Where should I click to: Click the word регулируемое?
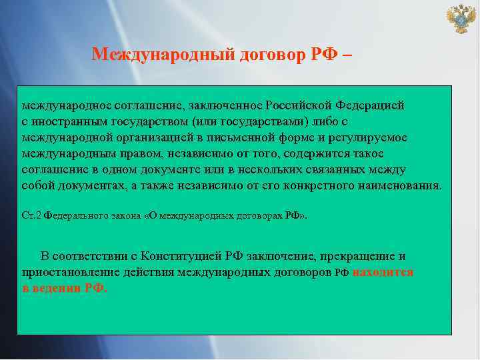(370, 137)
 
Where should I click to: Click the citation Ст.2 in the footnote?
(31, 216)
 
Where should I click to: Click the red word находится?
(383, 272)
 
